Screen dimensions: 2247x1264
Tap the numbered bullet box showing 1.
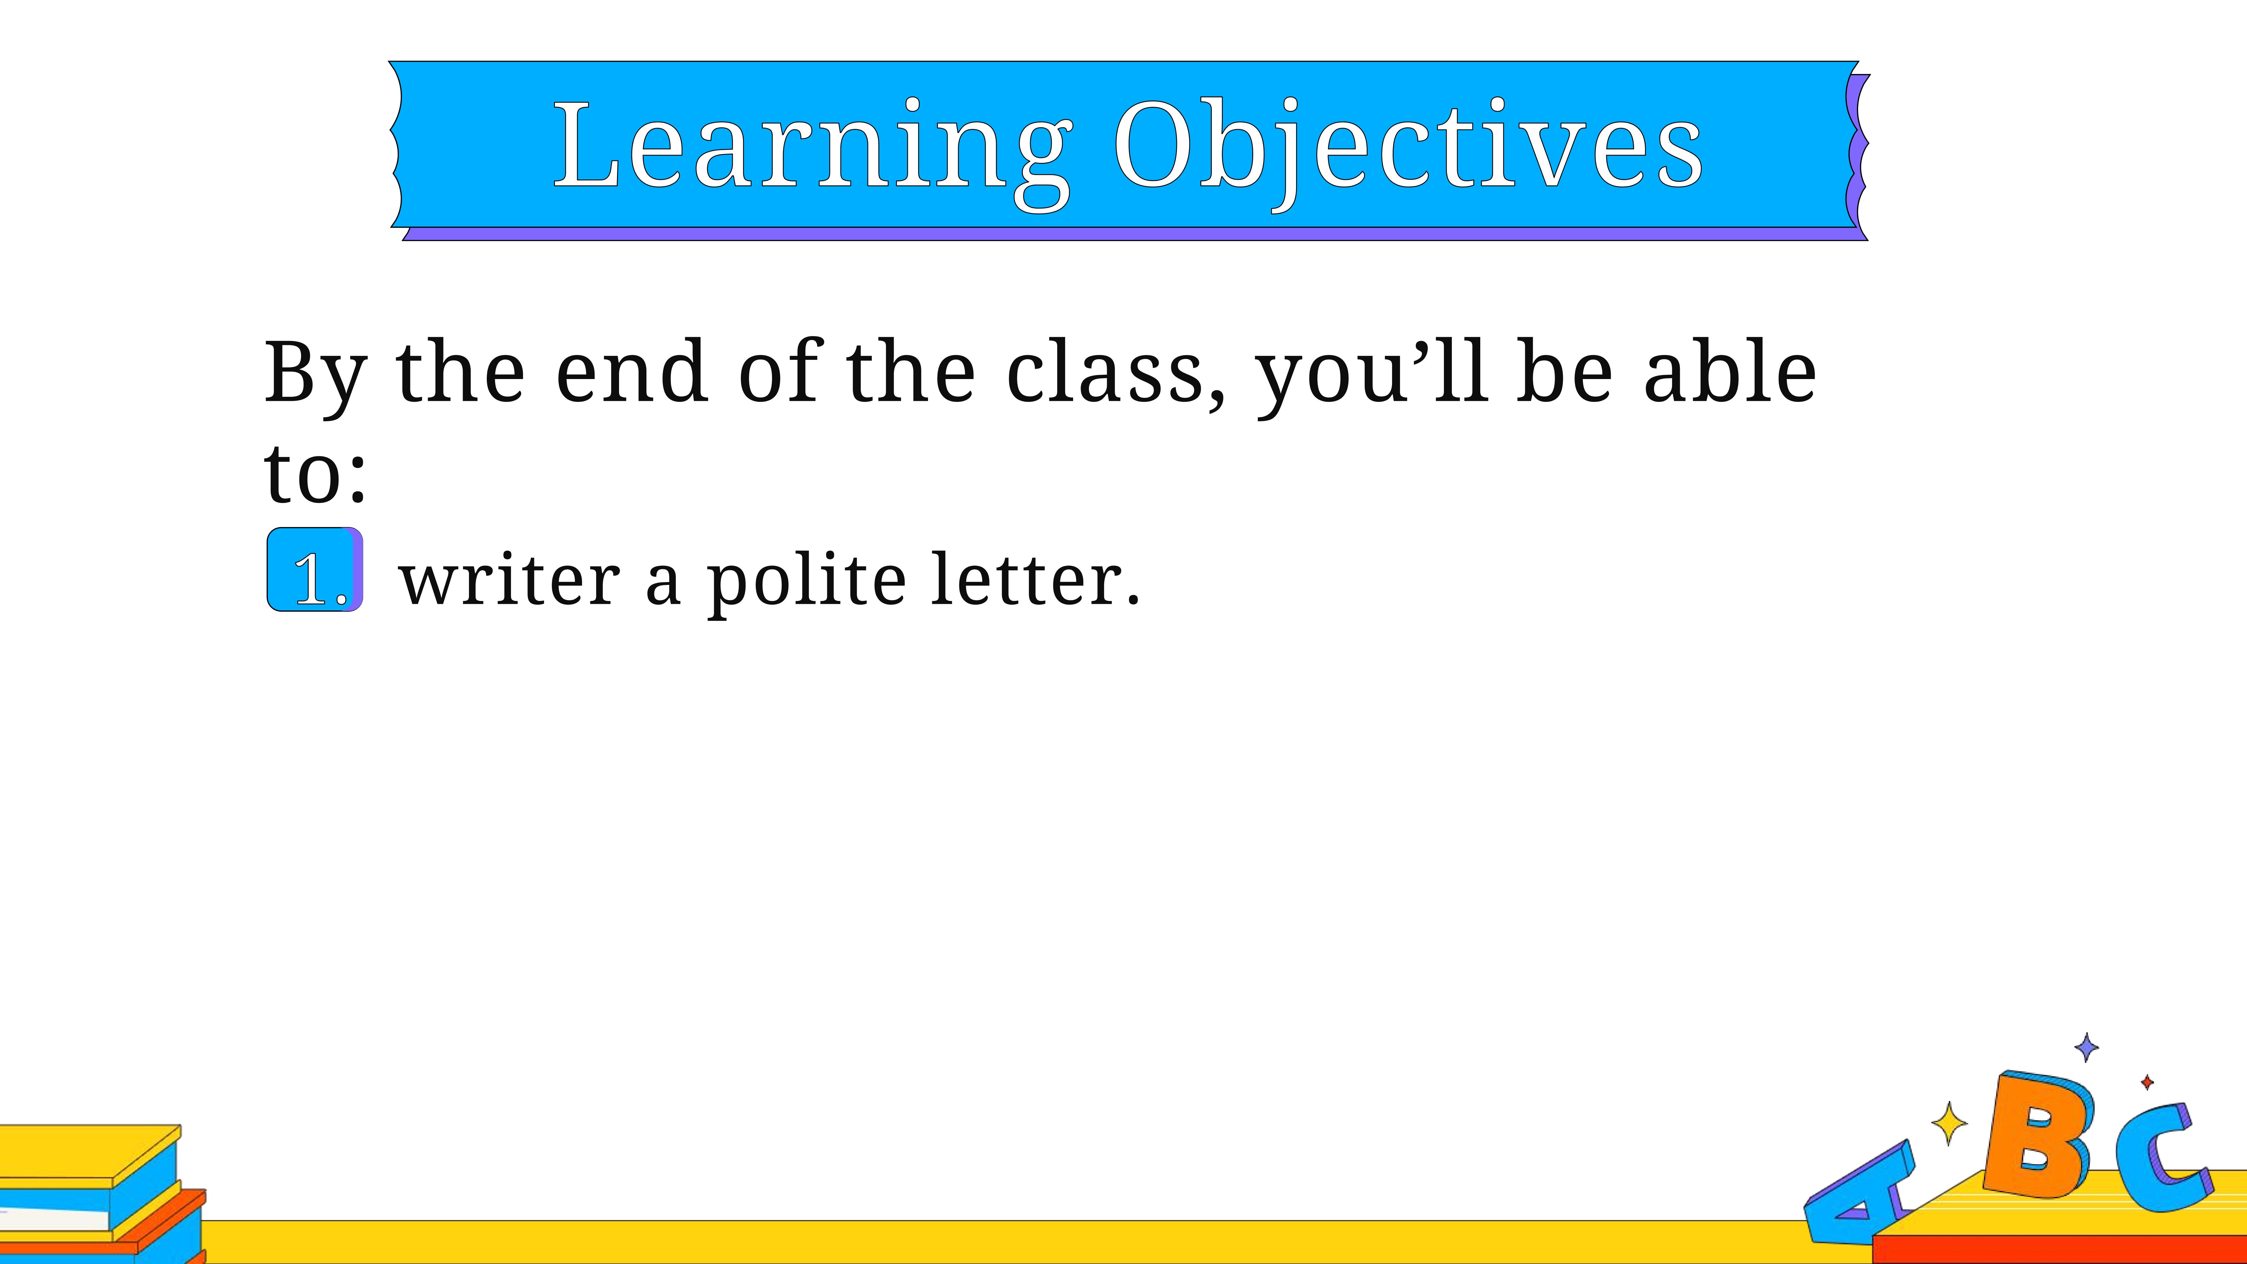click(x=315, y=570)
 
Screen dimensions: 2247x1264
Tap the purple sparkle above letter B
click(x=2086, y=1047)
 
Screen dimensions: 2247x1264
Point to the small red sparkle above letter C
click(x=2147, y=1083)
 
